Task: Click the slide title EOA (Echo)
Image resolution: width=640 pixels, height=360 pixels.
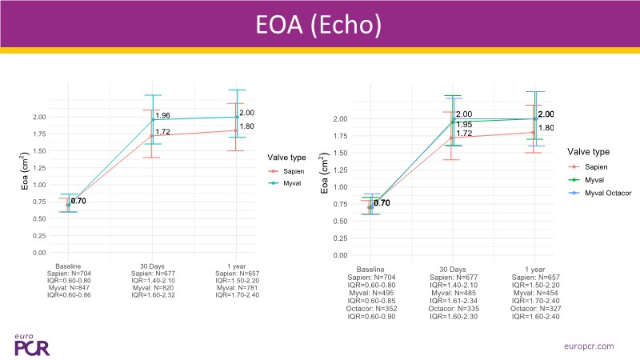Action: pos(320,24)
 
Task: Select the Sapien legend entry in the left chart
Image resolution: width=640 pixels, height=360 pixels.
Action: pos(294,170)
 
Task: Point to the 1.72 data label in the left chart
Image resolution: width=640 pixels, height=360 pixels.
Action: pos(163,132)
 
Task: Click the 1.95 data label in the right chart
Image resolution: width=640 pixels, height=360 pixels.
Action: pos(464,124)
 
